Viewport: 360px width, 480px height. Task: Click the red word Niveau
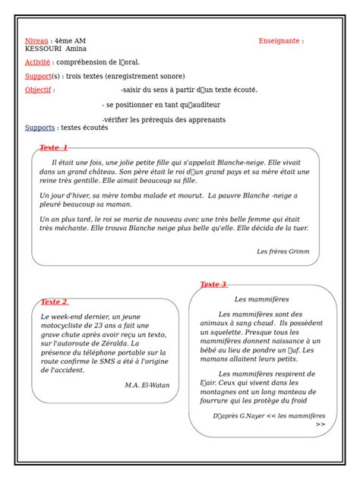(x=36, y=40)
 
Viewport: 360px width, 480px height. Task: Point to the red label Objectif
(x=38, y=90)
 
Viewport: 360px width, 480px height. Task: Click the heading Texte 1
(x=53, y=147)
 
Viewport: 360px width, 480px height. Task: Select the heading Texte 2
(x=54, y=302)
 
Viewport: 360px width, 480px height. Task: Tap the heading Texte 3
(x=213, y=284)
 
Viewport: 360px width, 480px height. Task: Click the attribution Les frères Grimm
(x=283, y=251)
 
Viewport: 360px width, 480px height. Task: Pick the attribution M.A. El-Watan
(x=147, y=384)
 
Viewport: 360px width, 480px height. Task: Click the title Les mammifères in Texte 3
(x=261, y=299)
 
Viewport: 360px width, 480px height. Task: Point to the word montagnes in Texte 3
(x=228, y=392)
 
